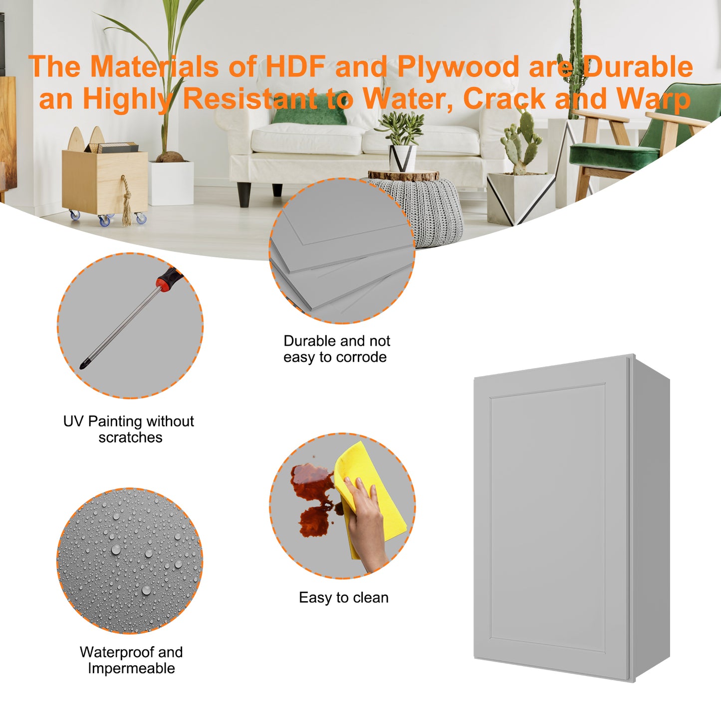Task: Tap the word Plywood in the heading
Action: pos(459,68)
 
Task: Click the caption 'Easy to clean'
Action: pos(343,598)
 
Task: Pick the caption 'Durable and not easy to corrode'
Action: pos(336,349)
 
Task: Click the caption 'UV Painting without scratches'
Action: pos(129,429)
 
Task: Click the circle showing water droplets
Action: pos(130,560)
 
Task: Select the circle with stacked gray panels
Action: pos(342,250)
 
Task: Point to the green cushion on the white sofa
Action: pos(310,108)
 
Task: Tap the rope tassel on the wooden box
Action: pos(127,201)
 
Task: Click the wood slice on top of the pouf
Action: pos(403,175)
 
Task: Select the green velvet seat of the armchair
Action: pos(614,153)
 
